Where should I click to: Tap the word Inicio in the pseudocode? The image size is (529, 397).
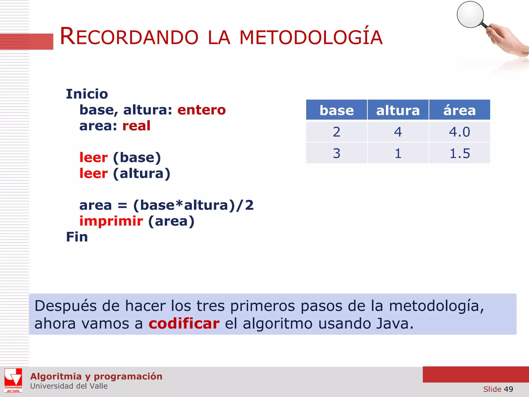(x=87, y=94)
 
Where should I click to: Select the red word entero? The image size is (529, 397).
(x=201, y=110)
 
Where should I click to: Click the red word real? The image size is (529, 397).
(x=136, y=126)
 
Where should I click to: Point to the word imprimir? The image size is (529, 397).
(x=111, y=221)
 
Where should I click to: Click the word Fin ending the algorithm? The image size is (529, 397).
(x=77, y=237)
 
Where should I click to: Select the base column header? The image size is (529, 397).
(x=336, y=110)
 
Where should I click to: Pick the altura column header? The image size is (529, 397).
(x=398, y=110)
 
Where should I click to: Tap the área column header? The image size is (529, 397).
(x=459, y=110)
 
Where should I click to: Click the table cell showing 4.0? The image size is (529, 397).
(x=459, y=132)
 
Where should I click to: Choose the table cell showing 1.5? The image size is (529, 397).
(x=459, y=153)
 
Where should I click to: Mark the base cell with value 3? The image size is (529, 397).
(x=336, y=153)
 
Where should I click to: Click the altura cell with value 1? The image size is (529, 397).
(x=398, y=153)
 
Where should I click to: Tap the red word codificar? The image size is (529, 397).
(x=184, y=324)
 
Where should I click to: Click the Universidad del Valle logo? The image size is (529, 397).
(x=13, y=380)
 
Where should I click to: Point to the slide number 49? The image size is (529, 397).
(x=508, y=389)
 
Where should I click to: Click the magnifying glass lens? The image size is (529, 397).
(x=470, y=14)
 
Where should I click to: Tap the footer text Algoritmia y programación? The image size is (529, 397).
(x=96, y=376)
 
